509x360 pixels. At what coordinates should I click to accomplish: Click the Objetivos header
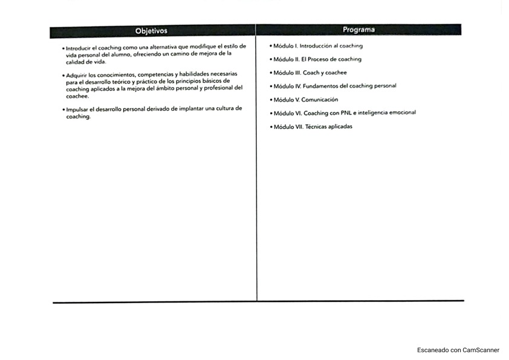[x=152, y=31]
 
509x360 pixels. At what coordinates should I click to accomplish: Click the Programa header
[x=358, y=30]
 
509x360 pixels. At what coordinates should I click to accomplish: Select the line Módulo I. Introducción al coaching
[x=317, y=46]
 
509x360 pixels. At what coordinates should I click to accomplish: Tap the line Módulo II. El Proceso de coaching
[x=317, y=59]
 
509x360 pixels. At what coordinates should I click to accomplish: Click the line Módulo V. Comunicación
[x=305, y=99]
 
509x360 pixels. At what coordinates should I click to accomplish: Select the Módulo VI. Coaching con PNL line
[x=344, y=113]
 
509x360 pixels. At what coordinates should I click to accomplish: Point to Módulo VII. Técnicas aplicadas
[x=313, y=126]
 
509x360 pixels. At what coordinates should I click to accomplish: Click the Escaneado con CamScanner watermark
[x=458, y=350]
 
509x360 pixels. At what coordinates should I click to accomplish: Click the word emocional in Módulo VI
[x=402, y=113]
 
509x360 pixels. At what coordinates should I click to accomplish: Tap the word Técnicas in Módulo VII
[x=316, y=126]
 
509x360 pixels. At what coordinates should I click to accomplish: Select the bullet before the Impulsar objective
[x=63, y=110]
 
